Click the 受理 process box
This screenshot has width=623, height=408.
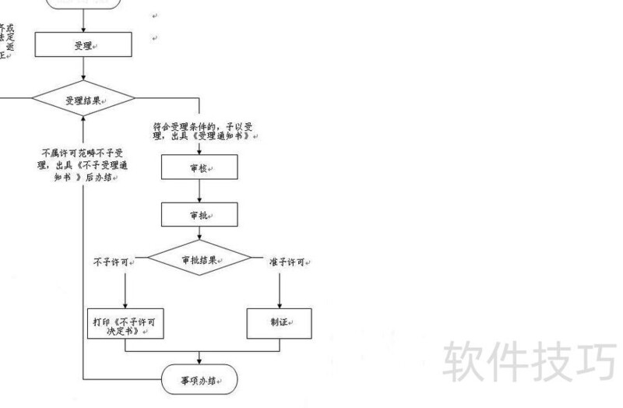click(83, 46)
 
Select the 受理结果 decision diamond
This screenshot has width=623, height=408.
click(83, 100)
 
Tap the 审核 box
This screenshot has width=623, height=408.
click(199, 168)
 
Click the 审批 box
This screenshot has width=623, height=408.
click(199, 215)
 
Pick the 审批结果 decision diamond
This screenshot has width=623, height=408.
click(199, 259)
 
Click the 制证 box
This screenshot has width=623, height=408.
click(280, 323)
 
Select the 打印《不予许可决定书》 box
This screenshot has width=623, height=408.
click(125, 324)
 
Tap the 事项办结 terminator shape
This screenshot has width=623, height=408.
click(199, 381)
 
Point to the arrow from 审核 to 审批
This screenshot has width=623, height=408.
click(199, 192)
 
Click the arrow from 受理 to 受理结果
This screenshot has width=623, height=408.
click(83, 69)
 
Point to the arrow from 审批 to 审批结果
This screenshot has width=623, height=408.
click(199, 234)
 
